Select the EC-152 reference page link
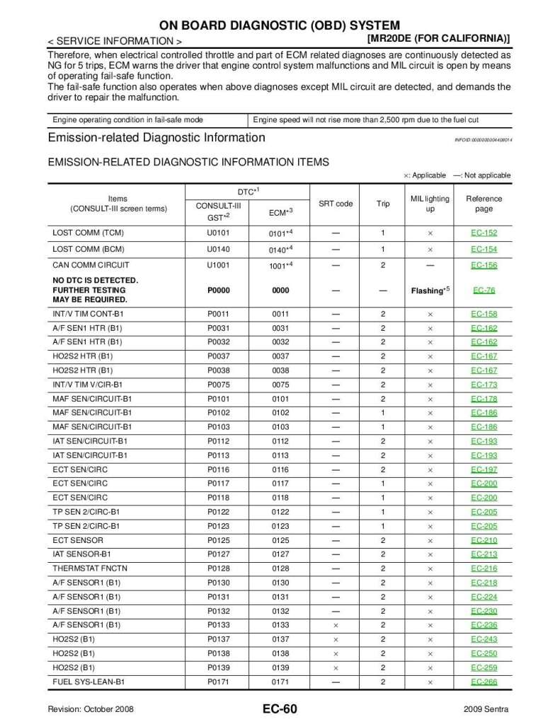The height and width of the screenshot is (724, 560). [x=484, y=233]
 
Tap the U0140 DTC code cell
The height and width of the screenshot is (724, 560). [x=218, y=249]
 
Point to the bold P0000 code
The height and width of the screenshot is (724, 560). [x=218, y=290]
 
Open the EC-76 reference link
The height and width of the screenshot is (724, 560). [x=484, y=290]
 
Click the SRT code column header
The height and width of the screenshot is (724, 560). [x=336, y=204]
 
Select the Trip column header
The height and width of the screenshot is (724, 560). [x=383, y=204]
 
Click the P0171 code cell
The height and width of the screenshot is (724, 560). [x=218, y=682]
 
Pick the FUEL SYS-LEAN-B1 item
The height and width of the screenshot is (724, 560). [x=88, y=682]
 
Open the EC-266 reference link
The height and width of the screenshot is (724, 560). [x=484, y=682]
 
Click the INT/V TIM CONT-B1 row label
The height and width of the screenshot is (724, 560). [x=86, y=314]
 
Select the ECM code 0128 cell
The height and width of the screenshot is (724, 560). [x=280, y=568]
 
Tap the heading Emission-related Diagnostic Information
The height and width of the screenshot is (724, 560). [x=156, y=138]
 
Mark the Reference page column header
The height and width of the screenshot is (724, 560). [x=484, y=204]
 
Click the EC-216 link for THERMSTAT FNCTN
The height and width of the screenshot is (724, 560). [x=484, y=568]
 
